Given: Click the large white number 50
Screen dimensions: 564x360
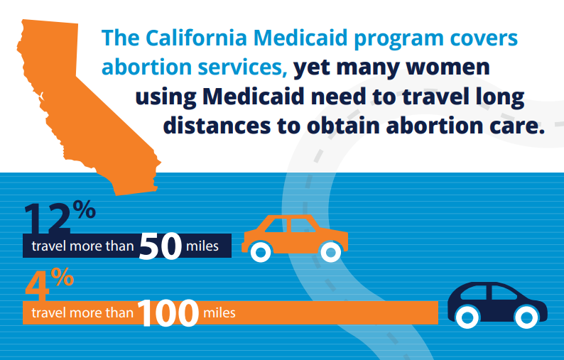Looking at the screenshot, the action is [161, 246].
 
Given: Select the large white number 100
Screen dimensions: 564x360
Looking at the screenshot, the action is [168, 313].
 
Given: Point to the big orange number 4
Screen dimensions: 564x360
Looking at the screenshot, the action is [38, 287].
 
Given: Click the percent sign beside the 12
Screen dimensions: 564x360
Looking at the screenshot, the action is [84, 209].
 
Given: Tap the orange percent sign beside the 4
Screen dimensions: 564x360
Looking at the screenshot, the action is [63, 276].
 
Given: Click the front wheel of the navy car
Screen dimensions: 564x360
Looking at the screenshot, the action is [526, 317].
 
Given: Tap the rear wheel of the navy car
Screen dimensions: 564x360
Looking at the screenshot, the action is [467, 317].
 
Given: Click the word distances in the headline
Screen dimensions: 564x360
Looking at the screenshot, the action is [217, 126].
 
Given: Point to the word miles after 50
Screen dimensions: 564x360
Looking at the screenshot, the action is [202, 246].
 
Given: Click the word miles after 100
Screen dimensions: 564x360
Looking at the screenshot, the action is [219, 313].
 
